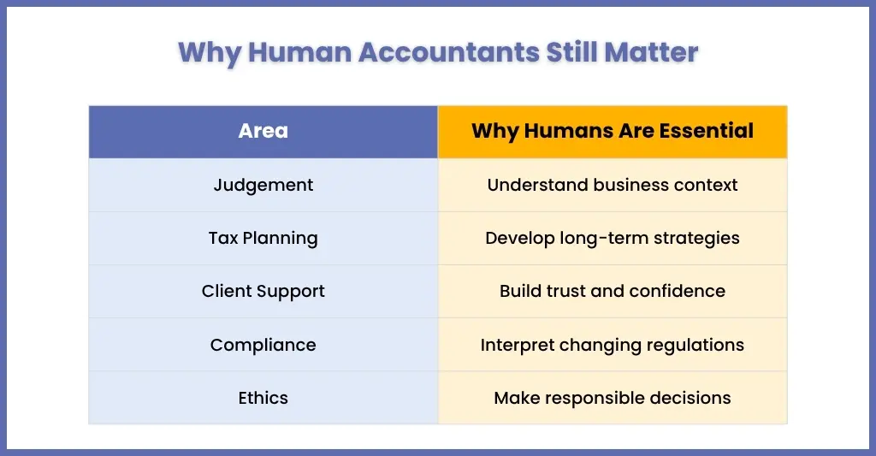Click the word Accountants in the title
[x=449, y=52]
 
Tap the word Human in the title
[x=300, y=52]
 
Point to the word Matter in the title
[x=651, y=52]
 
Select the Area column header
[x=263, y=131]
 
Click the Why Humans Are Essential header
[x=613, y=131]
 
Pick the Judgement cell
[x=263, y=185]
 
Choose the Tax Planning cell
[x=263, y=238]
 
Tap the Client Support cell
[x=263, y=291]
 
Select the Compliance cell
[x=263, y=345]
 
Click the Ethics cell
[x=263, y=398]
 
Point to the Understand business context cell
[x=613, y=185]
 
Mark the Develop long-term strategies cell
[x=613, y=238]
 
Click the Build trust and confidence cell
[x=613, y=291]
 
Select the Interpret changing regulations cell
[x=613, y=345]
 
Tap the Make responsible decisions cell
[x=613, y=398]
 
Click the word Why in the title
[x=210, y=53]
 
